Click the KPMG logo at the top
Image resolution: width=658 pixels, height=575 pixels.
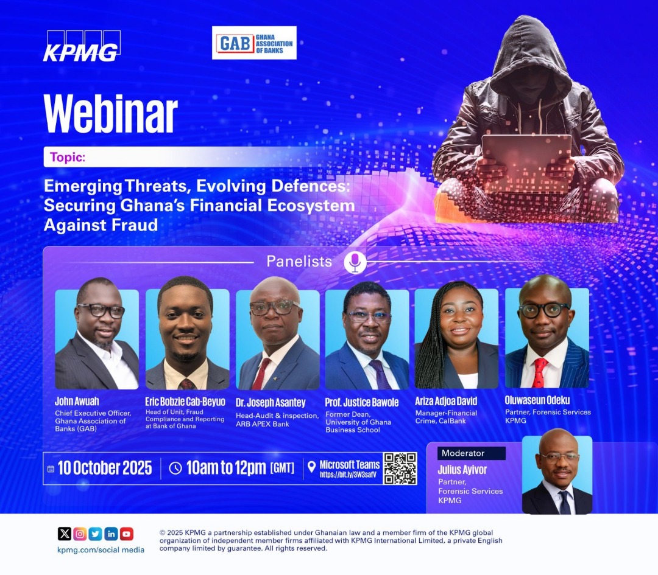coord(81,46)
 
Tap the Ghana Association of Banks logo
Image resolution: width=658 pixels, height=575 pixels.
coord(254,43)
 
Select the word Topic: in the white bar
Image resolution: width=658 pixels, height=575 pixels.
coord(68,157)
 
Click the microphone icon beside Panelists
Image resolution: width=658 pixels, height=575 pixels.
coord(355,262)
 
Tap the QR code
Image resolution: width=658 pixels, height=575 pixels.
coord(400,468)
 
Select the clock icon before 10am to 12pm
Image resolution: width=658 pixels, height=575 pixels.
coord(175,468)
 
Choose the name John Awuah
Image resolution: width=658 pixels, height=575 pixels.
coord(77,402)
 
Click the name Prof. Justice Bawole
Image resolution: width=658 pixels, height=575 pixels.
coord(362,402)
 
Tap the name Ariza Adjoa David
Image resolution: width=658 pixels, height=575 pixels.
coord(446,402)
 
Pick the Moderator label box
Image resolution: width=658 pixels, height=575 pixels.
coord(471,453)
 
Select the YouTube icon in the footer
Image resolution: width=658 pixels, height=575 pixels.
coord(127,534)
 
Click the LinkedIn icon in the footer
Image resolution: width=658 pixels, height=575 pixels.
coord(111,534)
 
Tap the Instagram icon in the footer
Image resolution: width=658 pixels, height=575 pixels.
coord(80,534)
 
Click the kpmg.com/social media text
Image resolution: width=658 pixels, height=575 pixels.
coord(101,549)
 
